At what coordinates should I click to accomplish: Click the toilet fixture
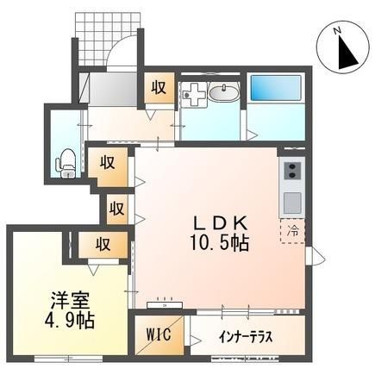65,164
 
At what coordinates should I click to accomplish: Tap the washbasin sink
223,93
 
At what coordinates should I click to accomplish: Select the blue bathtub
276,88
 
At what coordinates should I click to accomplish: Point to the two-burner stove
292,171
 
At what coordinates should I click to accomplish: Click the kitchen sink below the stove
292,202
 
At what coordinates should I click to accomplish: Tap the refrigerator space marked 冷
293,231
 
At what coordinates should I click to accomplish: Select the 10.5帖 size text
220,244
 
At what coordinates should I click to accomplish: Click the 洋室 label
70,301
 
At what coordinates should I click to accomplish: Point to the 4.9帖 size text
69,321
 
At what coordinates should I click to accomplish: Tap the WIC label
159,335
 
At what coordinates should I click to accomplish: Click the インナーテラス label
245,337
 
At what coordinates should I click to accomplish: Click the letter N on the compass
337,30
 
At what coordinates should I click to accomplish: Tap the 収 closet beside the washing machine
159,87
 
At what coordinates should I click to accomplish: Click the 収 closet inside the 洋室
103,244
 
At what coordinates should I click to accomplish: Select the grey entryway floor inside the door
113,89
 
